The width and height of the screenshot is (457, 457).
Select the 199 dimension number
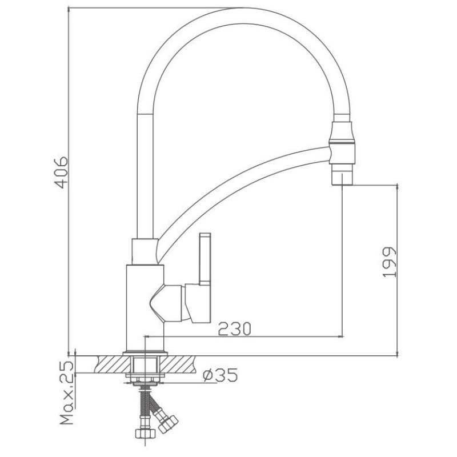point(390,262)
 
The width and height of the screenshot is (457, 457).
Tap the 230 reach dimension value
point(234,329)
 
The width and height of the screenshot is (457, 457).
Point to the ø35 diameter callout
point(221,375)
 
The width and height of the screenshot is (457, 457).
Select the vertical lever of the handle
point(205,258)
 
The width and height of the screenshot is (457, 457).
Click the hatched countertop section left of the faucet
point(112,364)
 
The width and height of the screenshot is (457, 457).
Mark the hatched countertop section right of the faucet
point(178,364)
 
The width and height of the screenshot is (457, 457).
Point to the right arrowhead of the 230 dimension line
point(340,336)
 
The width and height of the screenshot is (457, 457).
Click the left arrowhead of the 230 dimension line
point(147,336)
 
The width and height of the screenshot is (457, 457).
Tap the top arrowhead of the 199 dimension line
point(397,187)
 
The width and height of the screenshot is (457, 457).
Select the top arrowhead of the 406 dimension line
point(69,11)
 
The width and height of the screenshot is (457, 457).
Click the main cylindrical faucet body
point(145,308)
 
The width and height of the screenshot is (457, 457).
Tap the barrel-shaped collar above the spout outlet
point(342,134)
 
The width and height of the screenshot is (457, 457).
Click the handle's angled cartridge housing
point(167,303)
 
